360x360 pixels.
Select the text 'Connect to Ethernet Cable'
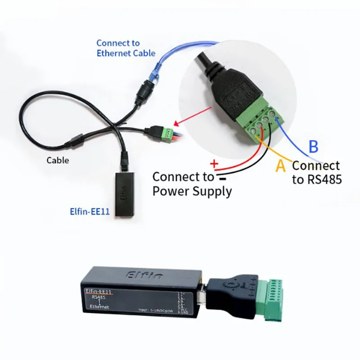click(126, 48)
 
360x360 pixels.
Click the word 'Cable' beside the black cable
click(58, 160)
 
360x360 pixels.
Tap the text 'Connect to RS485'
click(316, 172)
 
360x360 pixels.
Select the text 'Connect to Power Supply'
click(192, 184)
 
